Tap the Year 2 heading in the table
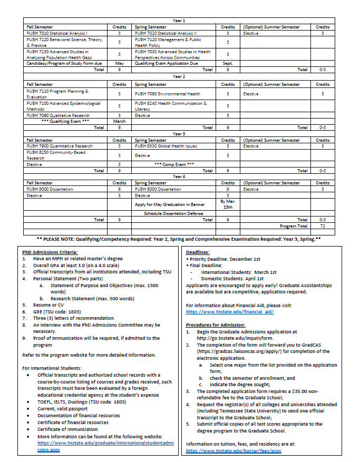click(179, 77)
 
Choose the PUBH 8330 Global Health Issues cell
click(166, 146)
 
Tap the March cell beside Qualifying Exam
click(119, 121)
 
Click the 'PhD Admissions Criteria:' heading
click(50, 252)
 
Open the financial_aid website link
click(229, 312)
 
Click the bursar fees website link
click(233, 451)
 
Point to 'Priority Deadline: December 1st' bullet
click(224, 259)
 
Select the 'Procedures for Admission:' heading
click(215, 325)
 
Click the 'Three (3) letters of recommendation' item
click(73, 318)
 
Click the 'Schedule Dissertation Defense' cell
click(173, 213)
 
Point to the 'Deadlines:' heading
click(198, 252)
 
